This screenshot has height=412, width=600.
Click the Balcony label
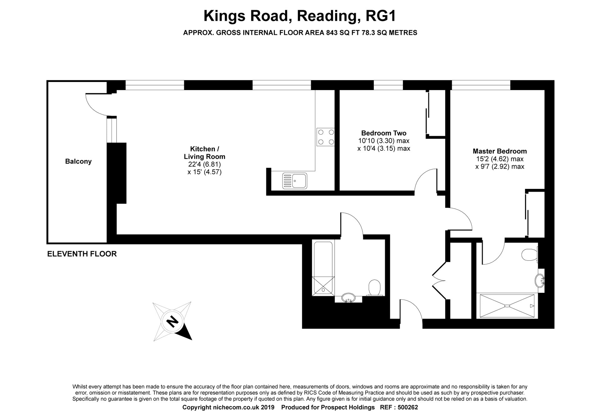tap(78, 161)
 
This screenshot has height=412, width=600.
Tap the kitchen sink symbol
tap(295, 181)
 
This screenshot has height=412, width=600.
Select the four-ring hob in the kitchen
tap(325, 137)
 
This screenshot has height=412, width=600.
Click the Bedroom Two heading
tap(384, 133)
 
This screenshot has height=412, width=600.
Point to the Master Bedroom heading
tap(500, 151)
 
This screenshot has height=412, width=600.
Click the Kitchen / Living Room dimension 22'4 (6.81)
tap(204, 164)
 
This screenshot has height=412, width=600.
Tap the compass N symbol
tap(172, 321)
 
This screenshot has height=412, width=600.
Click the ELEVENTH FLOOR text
tap(82, 254)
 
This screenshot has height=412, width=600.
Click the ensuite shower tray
tap(507, 306)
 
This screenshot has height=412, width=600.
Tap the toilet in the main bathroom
tap(374, 287)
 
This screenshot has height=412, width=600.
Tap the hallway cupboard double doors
tap(439, 278)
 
